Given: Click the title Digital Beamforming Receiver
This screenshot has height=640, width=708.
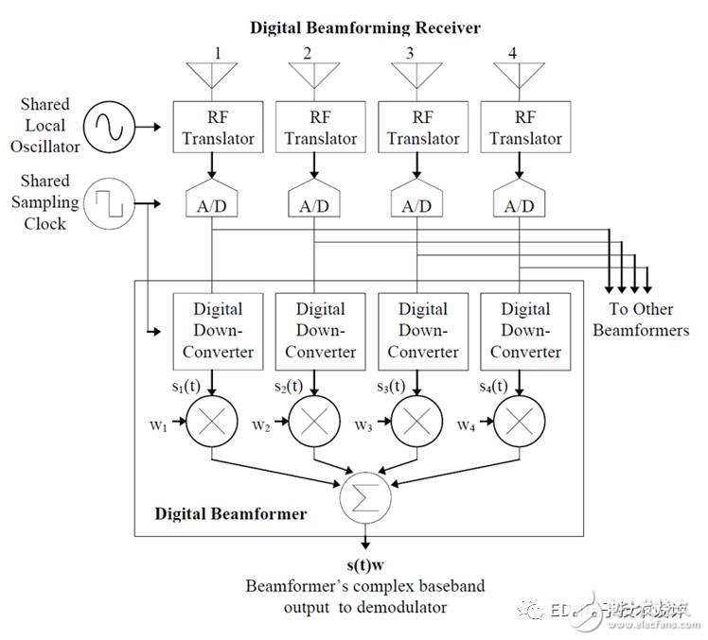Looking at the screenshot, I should (364, 27).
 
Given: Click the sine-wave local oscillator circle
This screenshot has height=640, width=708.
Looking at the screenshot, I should (110, 126).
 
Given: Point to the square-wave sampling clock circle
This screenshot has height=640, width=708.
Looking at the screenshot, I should (110, 202).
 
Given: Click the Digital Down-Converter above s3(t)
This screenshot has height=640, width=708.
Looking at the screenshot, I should (423, 330).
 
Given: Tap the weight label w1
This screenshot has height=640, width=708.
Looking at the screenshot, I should (159, 424).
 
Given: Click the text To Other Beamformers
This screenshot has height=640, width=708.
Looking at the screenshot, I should (641, 320).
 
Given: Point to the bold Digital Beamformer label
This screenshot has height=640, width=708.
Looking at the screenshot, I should (230, 514).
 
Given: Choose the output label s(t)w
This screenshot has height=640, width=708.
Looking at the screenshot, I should (364, 565).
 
